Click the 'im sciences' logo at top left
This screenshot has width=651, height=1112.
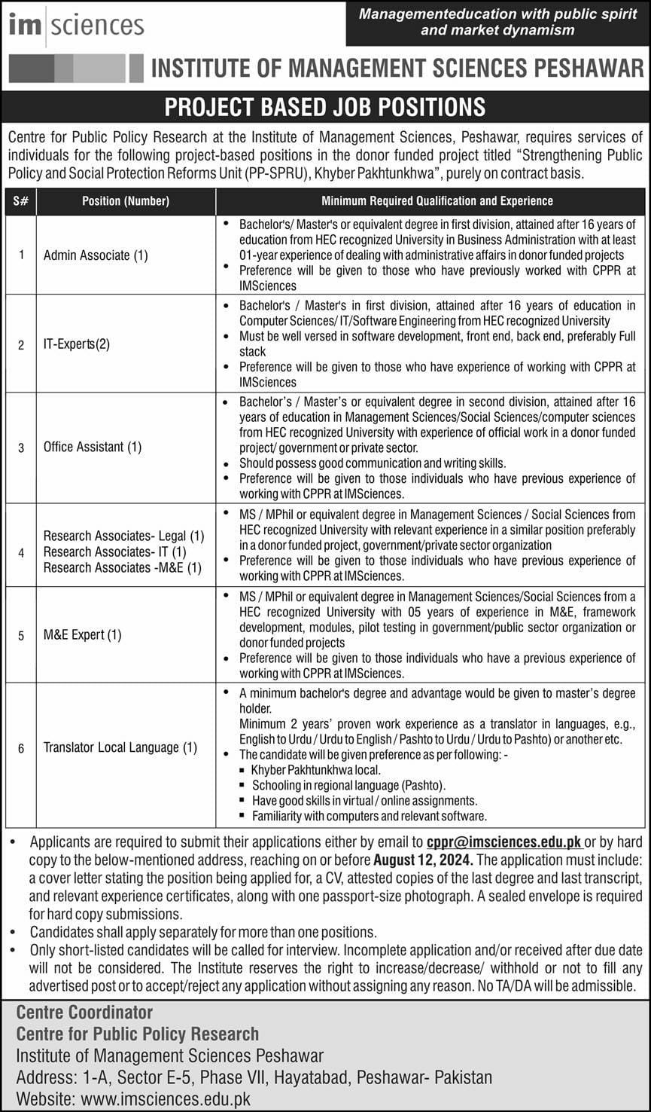[x=76, y=25]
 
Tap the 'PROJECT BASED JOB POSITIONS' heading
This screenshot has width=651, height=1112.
[x=325, y=106]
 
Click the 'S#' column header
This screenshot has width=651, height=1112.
[x=20, y=201]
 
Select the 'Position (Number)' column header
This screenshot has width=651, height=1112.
[x=126, y=201]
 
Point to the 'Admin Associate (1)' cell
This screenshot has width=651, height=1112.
[x=96, y=255]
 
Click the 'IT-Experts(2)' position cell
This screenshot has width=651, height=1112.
[x=77, y=344]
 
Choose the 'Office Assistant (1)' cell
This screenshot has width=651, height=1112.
[x=93, y=447]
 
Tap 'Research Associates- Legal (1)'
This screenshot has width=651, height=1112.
[x=123, y=536]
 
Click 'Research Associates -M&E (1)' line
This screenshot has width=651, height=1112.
[x=123, y=567]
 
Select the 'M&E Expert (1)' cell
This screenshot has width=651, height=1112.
[x=82, y=634]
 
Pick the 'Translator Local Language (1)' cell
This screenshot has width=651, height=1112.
[x=120, y=747]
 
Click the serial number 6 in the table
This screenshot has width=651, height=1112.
[x=21, y=748]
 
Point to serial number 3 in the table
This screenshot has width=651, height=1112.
[x=21, y=448]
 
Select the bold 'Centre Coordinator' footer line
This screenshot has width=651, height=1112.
[x=84, y=1012]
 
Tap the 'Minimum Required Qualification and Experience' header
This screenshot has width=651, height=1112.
[x=437, y=201]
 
